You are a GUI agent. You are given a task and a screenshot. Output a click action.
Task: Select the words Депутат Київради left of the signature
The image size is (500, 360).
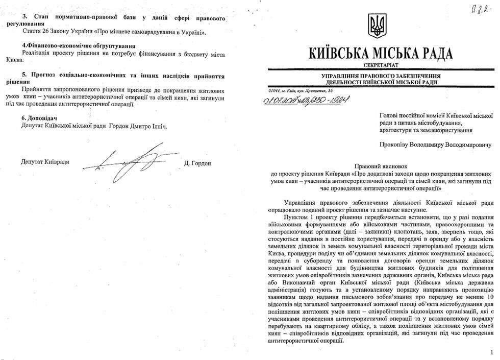pyautogui.click(x=45, y=163)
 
